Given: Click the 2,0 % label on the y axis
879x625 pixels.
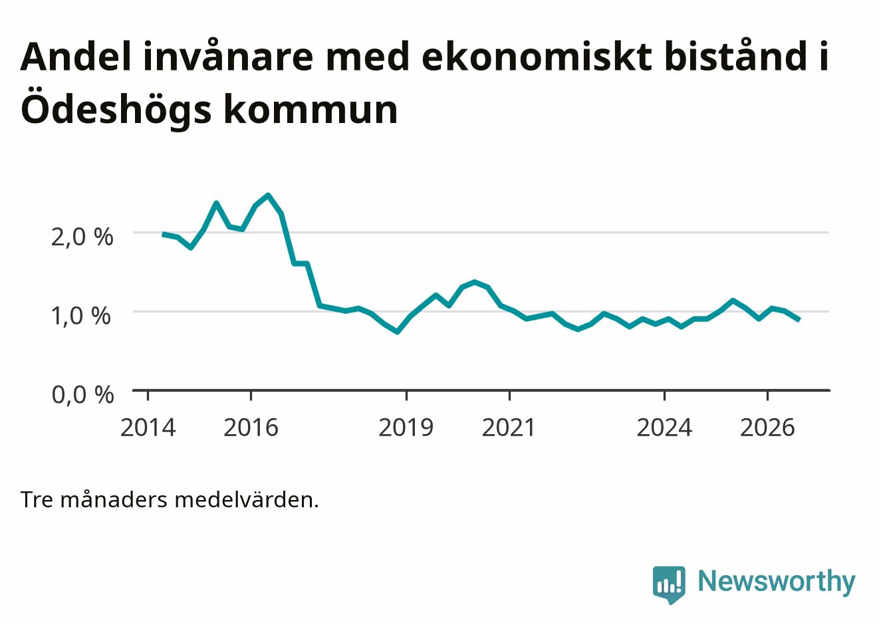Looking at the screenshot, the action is click(x=82, y=237).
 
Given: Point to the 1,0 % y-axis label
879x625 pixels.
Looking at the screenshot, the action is click(x=81, y=316).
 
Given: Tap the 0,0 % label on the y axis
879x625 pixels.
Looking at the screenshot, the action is click(x=82, y=395).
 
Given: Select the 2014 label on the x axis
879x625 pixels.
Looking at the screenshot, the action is click(x=148, y=428).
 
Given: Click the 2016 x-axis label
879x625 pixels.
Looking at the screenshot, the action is click(x=251, y=428).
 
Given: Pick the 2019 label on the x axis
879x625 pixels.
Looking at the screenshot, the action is click(x=406, y=428).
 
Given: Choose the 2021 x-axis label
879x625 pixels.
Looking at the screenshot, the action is click(x=509, y=428).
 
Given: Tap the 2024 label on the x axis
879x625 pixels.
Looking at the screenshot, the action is click(x=664, y=428).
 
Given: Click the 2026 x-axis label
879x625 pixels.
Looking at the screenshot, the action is click(x=767, y=428).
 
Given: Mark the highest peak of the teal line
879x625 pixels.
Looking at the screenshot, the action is click(x=268, y=195).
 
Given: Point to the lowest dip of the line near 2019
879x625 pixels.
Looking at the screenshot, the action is click(x=398, y=332).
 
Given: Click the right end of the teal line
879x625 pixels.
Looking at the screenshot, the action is click(x=799, y=320).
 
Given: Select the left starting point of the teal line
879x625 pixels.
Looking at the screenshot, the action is click(x=163, y=234).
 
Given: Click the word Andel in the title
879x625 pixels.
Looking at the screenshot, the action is click(x=75, y=57).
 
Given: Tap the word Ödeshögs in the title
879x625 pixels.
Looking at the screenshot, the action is click(x=116, y=108).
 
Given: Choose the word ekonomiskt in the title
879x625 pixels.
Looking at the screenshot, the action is click(x=537, y=57).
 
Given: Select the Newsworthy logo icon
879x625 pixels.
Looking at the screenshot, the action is click(x=669, y=584).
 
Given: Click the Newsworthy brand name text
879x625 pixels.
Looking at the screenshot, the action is click(x=777, y=582).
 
